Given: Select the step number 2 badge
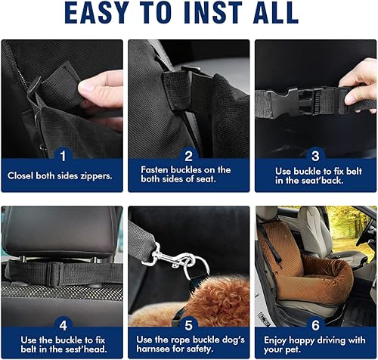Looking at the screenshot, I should click(x=188, y=154).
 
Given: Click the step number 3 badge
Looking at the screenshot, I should click(x=315, y=154).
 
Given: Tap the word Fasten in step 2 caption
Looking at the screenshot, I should click(x=155, y=169).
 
